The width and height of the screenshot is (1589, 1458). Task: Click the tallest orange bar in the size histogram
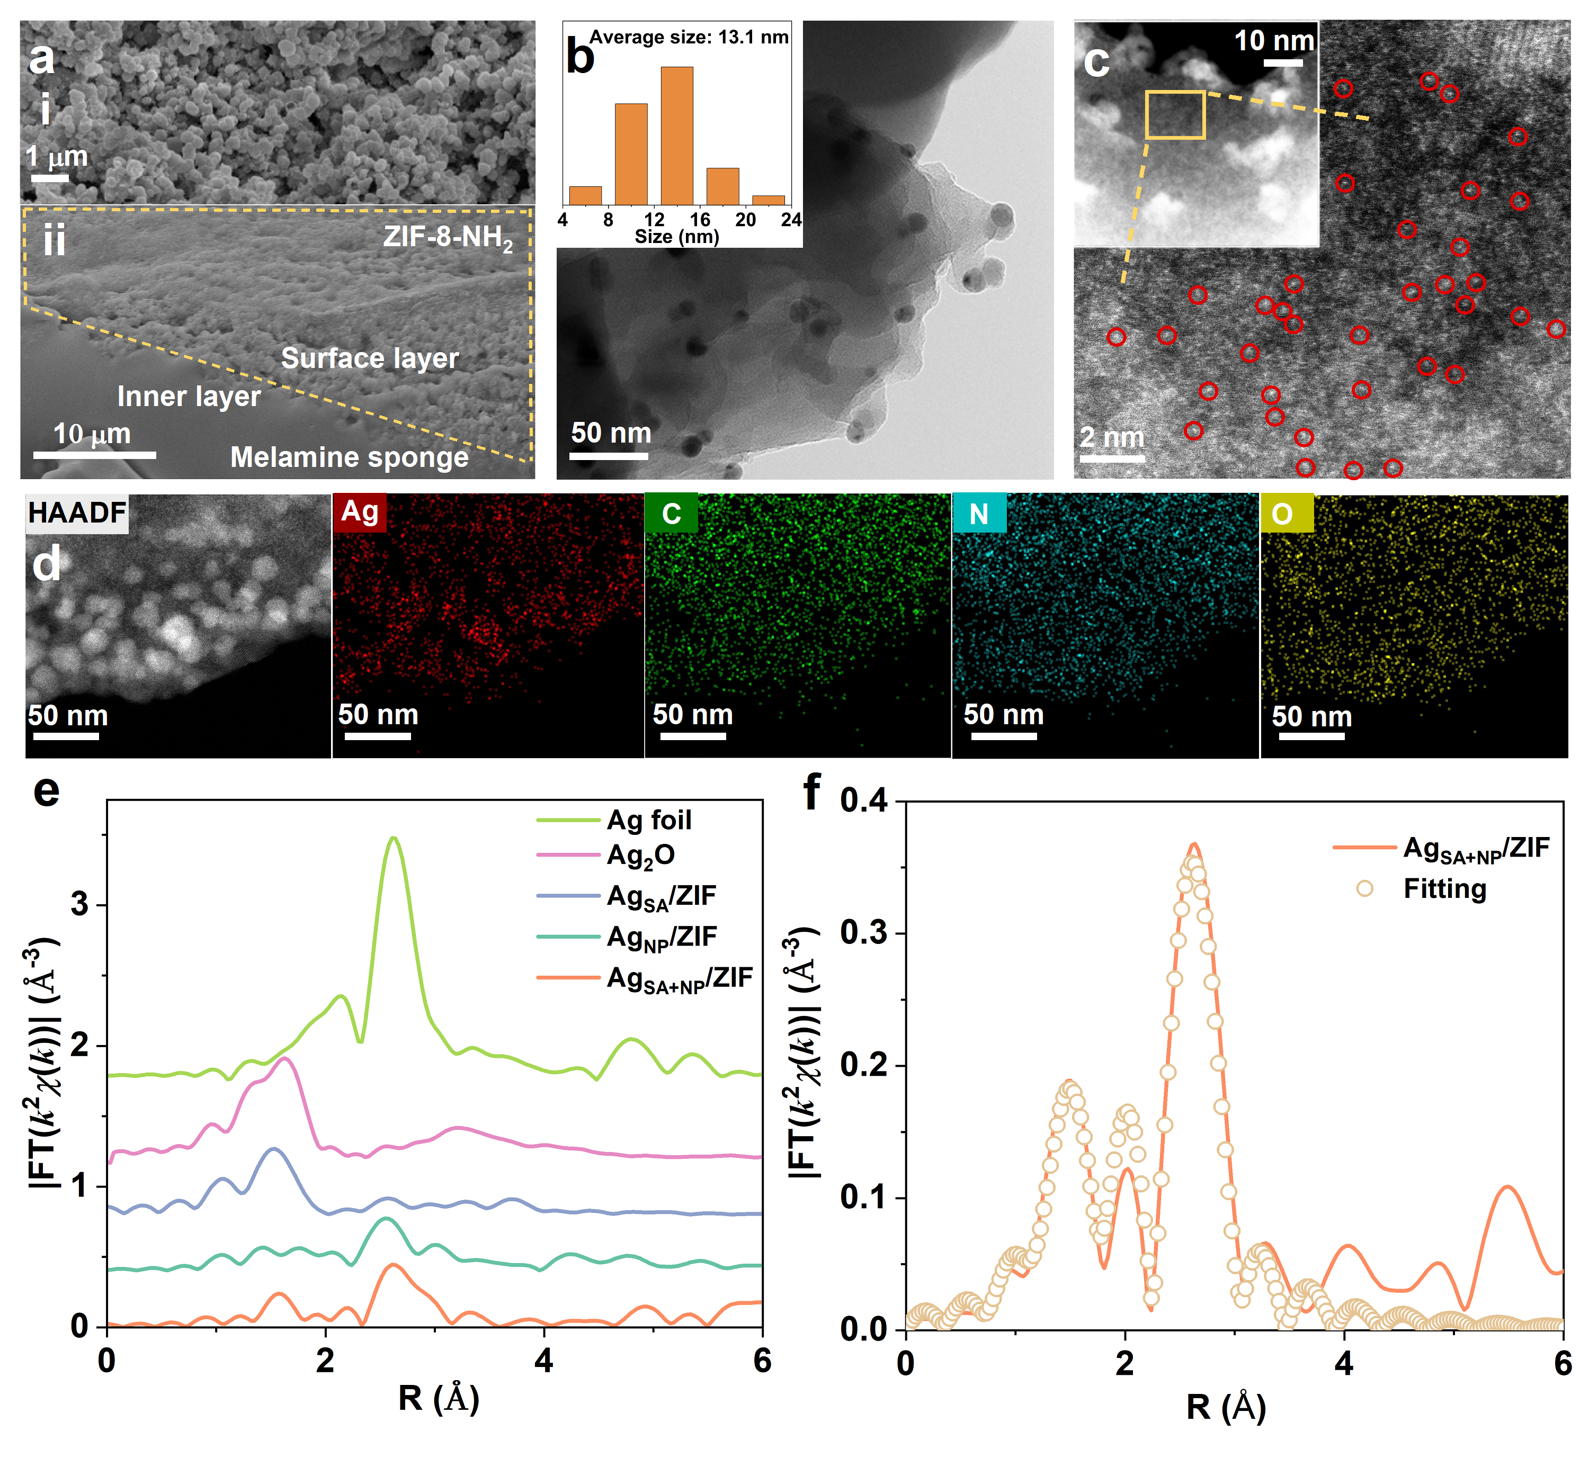(x=676, y=136)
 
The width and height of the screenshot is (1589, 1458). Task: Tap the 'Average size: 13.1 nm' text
(x=689, y=37)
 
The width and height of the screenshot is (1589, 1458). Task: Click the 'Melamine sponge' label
(x=349, y=457)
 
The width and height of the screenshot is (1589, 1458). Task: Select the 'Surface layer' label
(x=369, y=358)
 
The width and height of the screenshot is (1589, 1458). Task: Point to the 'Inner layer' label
(x=189, y=396)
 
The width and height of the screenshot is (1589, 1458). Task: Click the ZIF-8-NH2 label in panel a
(x=448, y=237)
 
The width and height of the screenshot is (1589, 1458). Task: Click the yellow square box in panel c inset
(x=1175, y=115)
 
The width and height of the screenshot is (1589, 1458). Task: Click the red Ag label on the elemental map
(x=360, y=512)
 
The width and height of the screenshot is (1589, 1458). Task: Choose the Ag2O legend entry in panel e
(x=640, y=855)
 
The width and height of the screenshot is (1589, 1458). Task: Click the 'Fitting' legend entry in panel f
(x=1444, y=889)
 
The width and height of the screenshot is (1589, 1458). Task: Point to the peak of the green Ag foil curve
(x=393, y=839)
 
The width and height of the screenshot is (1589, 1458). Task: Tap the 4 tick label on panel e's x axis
(x=543, y=1361)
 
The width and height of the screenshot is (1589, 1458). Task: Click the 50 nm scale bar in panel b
(x=608, y=456)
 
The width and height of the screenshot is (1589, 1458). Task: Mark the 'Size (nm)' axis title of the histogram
(x=676, y=237)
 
